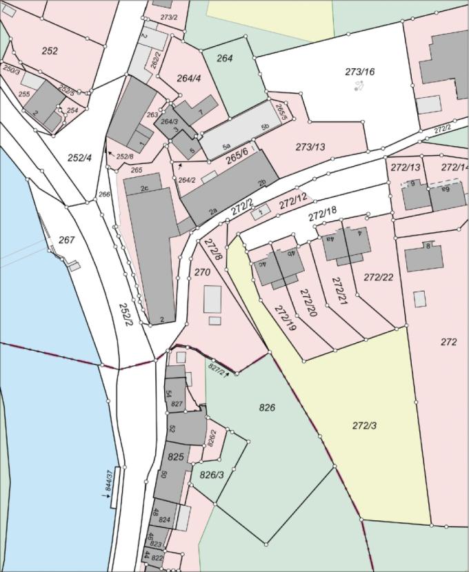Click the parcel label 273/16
360,72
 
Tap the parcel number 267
66,240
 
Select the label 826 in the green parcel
267,408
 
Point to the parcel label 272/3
364,426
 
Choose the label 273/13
310,147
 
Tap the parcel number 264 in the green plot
225,59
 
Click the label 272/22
378,278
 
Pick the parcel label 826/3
212,475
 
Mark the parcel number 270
202,272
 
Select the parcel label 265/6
237,159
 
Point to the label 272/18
322,214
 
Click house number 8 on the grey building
428,246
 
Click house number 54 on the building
168,394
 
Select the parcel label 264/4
188,79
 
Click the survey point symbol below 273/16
359,85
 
